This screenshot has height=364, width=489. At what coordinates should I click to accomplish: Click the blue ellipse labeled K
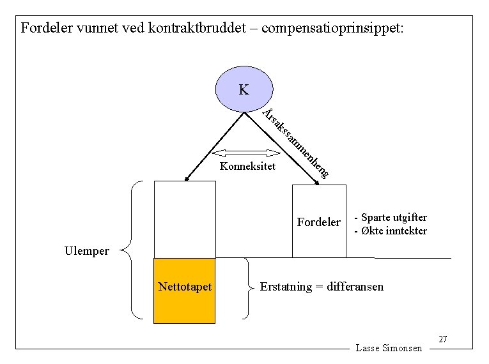244,89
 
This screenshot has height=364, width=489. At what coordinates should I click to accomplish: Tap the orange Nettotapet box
185,289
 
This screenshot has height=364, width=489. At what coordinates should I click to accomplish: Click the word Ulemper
87,251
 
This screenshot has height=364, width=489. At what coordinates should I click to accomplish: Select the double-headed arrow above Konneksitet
242,153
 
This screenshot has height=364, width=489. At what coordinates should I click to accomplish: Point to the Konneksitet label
247,167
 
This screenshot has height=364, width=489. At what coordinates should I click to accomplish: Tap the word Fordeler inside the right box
319,222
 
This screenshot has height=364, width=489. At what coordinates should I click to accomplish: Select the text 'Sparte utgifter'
394,217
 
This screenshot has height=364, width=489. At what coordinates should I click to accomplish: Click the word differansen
355,286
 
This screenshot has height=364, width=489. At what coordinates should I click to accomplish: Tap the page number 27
444,338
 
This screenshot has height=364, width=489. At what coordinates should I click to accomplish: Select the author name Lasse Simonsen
389,348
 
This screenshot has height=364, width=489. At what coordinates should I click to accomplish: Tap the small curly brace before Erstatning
246,287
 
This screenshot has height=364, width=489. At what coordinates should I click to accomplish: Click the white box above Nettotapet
185,219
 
